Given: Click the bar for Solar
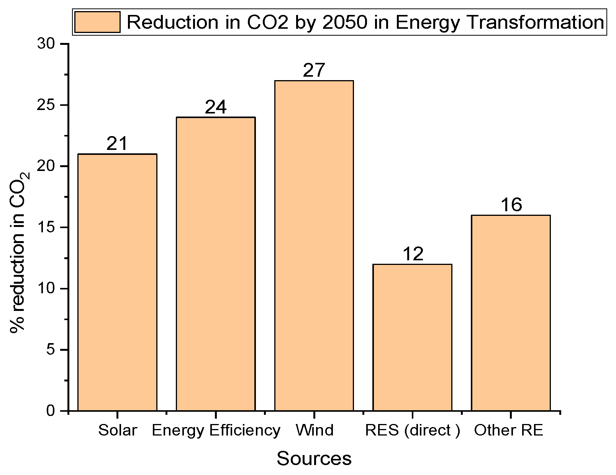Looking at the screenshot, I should click(117, 282).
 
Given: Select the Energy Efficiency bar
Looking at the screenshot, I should click(216, 264).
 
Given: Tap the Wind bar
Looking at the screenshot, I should click(314, 245).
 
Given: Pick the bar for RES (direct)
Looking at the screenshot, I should click(412, 337).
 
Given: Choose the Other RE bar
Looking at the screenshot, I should click(511, 313).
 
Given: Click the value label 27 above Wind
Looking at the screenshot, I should click(314, 71).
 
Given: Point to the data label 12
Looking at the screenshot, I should click(413, 254).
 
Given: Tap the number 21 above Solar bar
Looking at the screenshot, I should click(117, 144).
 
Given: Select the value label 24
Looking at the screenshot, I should click(216, 107).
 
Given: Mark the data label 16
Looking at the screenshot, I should click(511, 205).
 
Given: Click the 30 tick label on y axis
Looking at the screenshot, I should click(46, 44).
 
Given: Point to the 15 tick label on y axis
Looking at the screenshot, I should click(46, 227).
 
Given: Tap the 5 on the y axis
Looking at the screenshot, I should click(51, 350).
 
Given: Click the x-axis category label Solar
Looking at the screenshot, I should click(117, 430).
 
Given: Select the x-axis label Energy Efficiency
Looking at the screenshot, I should click(216, 430).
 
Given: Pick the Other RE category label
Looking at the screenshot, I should click(508, 430).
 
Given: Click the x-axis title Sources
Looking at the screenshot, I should click(314, 459).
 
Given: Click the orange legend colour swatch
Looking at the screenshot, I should click(97, 22).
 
